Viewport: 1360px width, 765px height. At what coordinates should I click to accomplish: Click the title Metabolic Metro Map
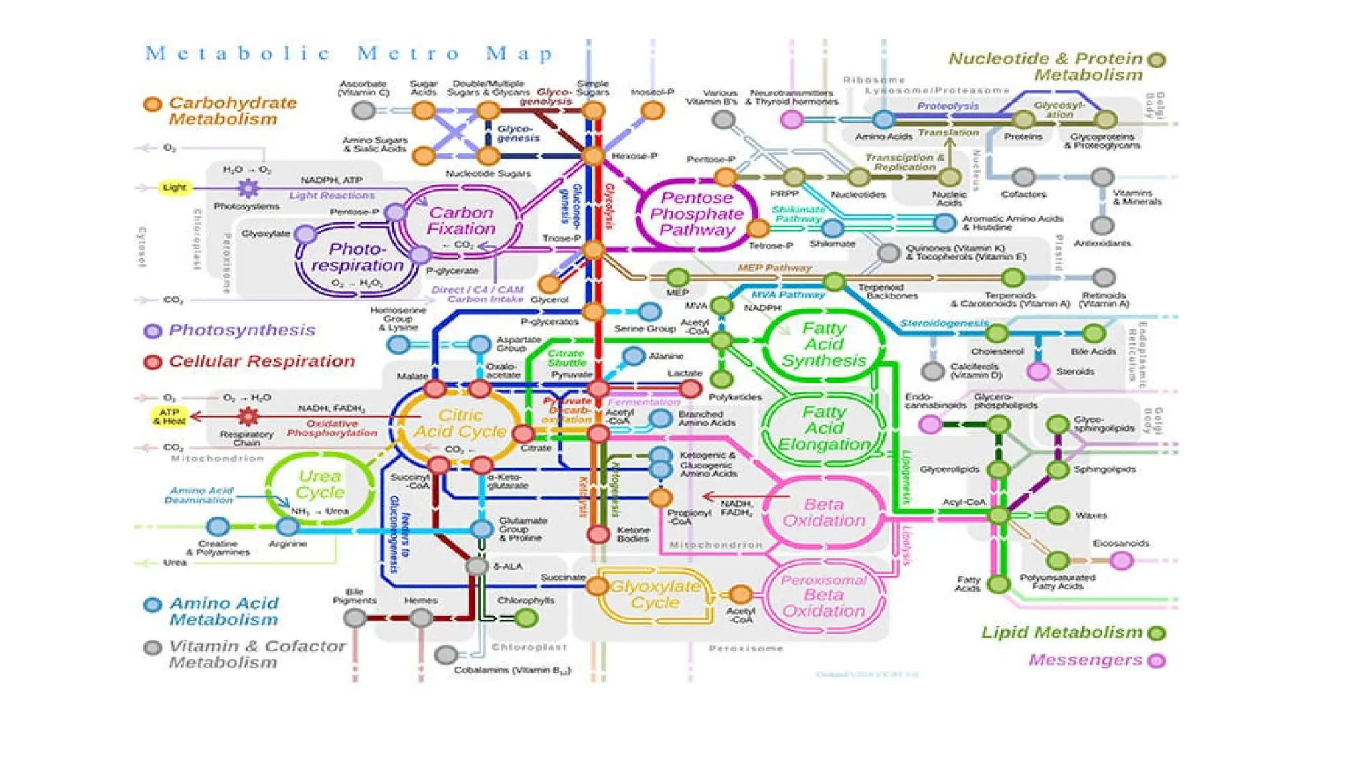point(349,53)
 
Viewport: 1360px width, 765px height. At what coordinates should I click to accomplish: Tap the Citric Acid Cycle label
point(460,424)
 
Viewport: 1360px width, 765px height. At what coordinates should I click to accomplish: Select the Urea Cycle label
point(320,484)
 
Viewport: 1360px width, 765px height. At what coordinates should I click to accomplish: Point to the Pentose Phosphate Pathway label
point(697,214)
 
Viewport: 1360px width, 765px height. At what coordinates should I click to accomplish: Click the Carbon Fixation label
point(461,220)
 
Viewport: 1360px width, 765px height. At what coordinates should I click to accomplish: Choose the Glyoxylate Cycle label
point(655,594)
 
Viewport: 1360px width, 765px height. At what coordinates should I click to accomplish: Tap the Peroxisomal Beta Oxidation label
point(823,596)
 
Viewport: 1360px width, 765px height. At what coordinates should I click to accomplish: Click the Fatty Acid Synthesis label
point(823,345)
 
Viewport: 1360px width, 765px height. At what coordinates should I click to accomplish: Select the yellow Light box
point(175,187)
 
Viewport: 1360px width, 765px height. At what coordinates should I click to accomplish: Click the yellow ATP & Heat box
point(169,416)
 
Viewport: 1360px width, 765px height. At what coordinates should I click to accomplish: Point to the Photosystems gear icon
point(248,188)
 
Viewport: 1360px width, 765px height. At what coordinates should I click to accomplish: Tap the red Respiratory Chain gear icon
point(248,416)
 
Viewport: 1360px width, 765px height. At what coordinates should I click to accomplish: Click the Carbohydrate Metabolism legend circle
point(153,104)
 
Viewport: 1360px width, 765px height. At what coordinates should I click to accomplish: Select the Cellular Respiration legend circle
point(153,362)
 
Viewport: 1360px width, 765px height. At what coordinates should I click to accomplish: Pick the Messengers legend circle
point(1157,661)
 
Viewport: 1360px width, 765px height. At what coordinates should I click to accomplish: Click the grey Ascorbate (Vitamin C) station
point(363,110)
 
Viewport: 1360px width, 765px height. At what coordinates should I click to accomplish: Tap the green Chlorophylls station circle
point(527,618)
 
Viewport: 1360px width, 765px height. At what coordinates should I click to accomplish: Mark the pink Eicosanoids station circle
point(1122,561)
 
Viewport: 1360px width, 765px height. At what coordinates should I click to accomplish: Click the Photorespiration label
point(357,257)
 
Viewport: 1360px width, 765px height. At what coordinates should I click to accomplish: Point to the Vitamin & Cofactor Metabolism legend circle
point(153,647)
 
